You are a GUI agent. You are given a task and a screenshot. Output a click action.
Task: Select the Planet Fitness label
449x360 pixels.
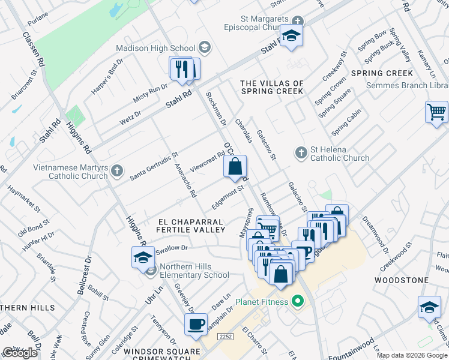click(x=262, y=301)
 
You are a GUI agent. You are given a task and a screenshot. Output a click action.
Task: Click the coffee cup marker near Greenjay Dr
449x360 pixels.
click(x=196, y=325)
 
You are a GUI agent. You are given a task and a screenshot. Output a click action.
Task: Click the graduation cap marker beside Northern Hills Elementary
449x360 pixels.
click(x=143, y=257)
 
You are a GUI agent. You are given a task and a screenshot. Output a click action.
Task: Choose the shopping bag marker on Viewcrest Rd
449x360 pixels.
click(x=235, y=167)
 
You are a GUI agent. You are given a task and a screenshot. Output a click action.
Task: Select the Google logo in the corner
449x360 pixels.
click(x=20, y=353)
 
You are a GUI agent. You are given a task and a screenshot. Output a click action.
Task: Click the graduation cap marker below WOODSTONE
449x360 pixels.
click(x=429, y=308)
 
